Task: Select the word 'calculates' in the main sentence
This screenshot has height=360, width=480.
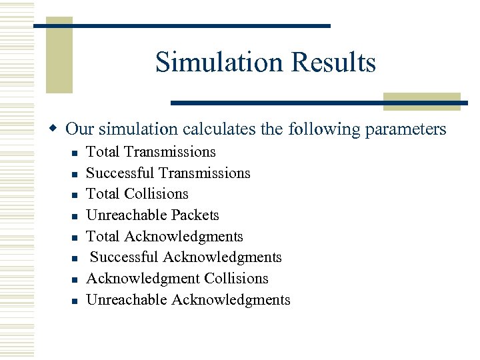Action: [215, 129]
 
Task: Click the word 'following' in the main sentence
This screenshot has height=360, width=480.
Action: [319, 129]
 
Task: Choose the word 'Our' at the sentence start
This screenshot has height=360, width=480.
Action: [80, 129]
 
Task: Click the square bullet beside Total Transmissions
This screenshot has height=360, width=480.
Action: [75, 153]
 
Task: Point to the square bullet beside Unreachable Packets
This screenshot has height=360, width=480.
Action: [75, 217]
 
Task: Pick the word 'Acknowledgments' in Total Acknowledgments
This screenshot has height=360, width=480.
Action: [183, 237]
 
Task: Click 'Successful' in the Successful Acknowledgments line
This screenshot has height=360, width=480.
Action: [125, 257]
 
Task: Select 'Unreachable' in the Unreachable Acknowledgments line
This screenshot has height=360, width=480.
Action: [127, 300]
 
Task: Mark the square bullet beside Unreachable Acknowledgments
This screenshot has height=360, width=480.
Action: [75, 301]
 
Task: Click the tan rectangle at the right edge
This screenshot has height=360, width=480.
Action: [421, 101]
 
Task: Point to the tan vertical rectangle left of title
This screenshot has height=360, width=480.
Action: [59, 57]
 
